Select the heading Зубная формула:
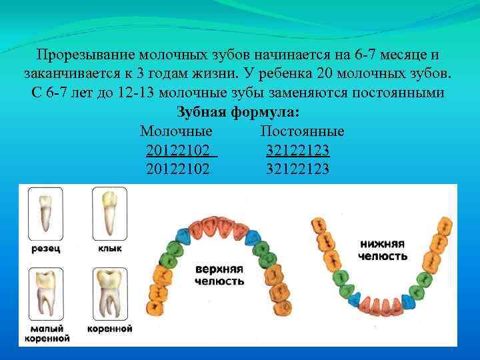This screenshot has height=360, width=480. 237,112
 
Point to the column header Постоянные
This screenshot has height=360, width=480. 302,131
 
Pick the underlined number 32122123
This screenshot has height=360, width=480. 297,150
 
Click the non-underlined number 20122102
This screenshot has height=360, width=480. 177,169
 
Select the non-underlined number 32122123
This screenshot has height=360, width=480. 297,169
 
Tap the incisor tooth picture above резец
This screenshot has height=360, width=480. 45,213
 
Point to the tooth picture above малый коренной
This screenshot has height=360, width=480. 45,295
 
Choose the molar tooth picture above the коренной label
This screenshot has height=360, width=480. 109,295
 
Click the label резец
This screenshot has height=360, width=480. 45,249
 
